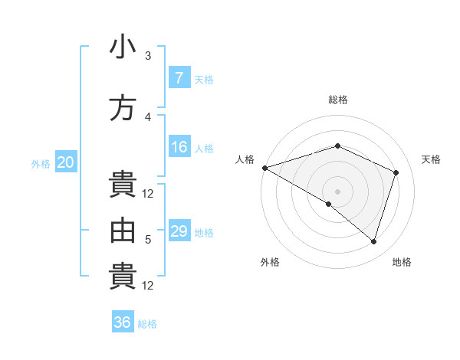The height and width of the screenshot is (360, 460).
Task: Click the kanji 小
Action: pos(123,47)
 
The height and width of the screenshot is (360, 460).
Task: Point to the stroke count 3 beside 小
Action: pos(148,55)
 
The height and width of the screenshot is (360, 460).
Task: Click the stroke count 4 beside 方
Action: pos(148,116)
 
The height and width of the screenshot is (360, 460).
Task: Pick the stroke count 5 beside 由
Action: pos(148,239)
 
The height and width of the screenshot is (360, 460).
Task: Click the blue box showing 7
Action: pos(179,78)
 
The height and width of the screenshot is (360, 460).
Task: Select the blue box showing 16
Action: pos(179,147)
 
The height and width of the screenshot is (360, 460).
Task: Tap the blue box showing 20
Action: pos(66,162)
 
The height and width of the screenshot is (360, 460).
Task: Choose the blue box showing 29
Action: pos(179,231)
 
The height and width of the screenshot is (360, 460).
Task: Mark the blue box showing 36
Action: pos(123,322)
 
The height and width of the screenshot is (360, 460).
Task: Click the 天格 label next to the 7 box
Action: pos(203,79)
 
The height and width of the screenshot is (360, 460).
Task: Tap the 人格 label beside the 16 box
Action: pos(203,148)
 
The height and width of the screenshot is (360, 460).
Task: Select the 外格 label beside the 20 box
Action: pos(41,162)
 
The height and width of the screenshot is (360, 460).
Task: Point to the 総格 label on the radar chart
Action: pos(337,100)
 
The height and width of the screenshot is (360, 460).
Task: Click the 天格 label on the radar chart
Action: pos(431,159)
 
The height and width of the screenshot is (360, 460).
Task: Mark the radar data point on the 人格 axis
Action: pos(264,167)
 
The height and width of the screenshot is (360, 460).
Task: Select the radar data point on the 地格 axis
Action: pos(373,241)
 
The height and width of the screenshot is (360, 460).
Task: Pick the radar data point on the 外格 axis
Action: pos(329,204)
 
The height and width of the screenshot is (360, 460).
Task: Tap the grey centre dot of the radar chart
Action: pos(337,191)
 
